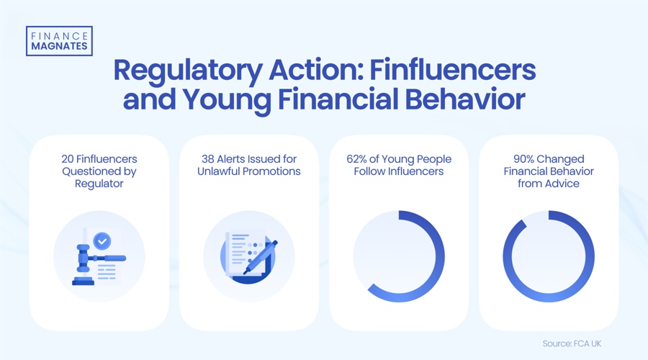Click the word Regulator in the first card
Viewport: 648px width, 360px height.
coord(99,184)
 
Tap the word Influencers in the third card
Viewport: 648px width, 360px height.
coord(418,171)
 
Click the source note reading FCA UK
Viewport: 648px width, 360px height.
coord(572,343)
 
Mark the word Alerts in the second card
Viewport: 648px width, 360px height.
coord(238,159)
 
